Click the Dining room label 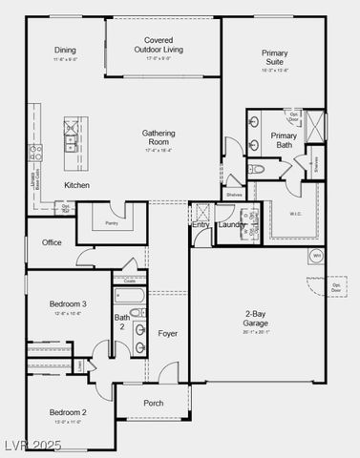(65, 51)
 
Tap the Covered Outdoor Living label (159, 45)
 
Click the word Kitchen (77, 184)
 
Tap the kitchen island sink (71, 142)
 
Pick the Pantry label (112, 222)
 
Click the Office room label (52, 242)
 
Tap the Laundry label (231, 225)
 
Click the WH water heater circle (317, 256)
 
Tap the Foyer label (168, 334)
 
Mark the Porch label (154, 404)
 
